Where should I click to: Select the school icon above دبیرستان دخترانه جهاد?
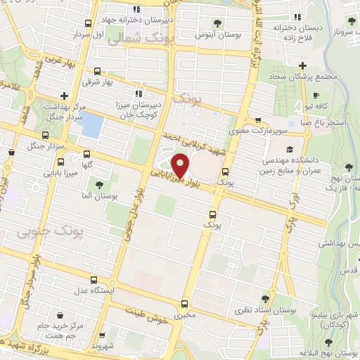tap(138, 9)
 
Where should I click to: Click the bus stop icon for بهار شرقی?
tap(96, 72)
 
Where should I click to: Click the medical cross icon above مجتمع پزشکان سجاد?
tap(301, 65)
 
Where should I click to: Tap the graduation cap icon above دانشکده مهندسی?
tap(290, 150)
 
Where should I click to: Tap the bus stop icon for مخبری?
tap(184, 304)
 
